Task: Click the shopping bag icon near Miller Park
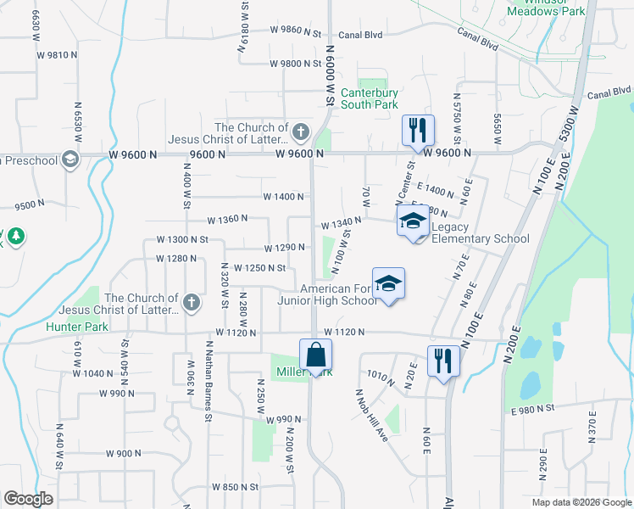coord(315,355)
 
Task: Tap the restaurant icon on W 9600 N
coord(417,131)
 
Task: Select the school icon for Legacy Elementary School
coord(413,223)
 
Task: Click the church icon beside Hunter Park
coord(192,301)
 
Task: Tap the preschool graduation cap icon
coord(70,159)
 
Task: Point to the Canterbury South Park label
coord(369,98)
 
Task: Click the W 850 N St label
coord(234,487)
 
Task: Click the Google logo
coord(28,499)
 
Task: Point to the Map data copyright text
coord(581,502)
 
